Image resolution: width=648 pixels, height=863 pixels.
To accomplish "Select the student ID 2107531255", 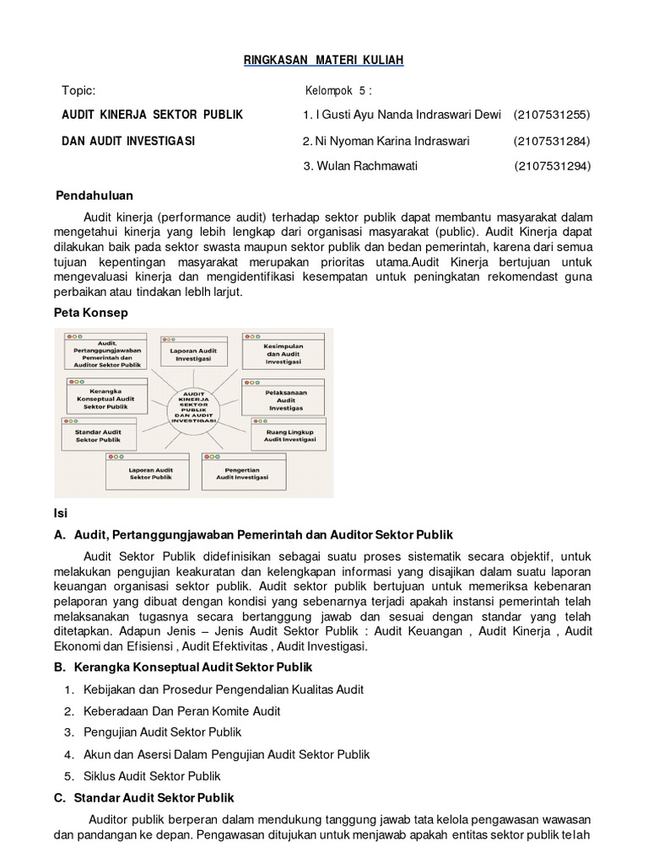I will pyautogui.click(x=551, y=115).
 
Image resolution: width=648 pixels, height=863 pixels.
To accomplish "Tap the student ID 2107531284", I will pyautogui.click(x=551, y=140).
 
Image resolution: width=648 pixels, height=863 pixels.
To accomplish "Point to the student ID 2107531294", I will pyautogui.click(x=552, y=165).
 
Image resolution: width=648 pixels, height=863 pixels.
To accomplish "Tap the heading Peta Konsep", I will pyautogui.click(x=92, y=313).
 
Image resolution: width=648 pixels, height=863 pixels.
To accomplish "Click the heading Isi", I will pyautogui.click(x=60, y=512).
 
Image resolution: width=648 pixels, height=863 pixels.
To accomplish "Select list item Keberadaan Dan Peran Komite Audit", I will pyautogui.click(x=182, y=710).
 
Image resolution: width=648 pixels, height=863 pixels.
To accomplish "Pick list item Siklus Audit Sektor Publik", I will pyautogui.click(x=153, y=775).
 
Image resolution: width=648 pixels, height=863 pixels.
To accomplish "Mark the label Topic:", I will pyautogui.click(x=78, y=91).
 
